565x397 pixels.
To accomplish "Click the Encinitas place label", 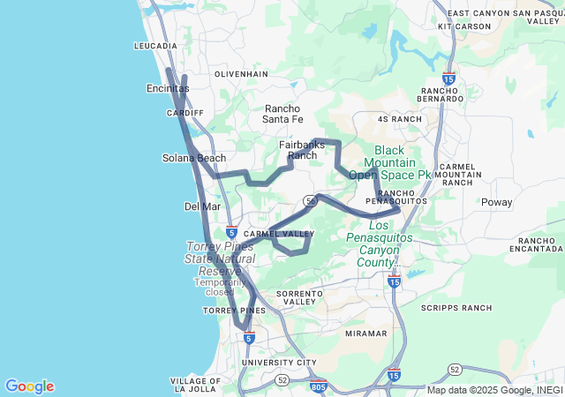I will [168, 89].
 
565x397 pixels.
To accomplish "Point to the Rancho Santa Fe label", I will [283, 114].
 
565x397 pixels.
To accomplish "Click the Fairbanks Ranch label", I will [302, 149].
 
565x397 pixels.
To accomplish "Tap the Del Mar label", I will [202, 206].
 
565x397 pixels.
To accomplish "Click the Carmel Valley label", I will [279, 234].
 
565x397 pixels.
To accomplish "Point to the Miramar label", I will [365, 333].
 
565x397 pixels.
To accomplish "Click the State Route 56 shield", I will [311, 201].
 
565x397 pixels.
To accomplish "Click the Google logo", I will [29, 386].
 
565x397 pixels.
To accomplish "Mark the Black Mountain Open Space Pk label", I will [389, 162].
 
